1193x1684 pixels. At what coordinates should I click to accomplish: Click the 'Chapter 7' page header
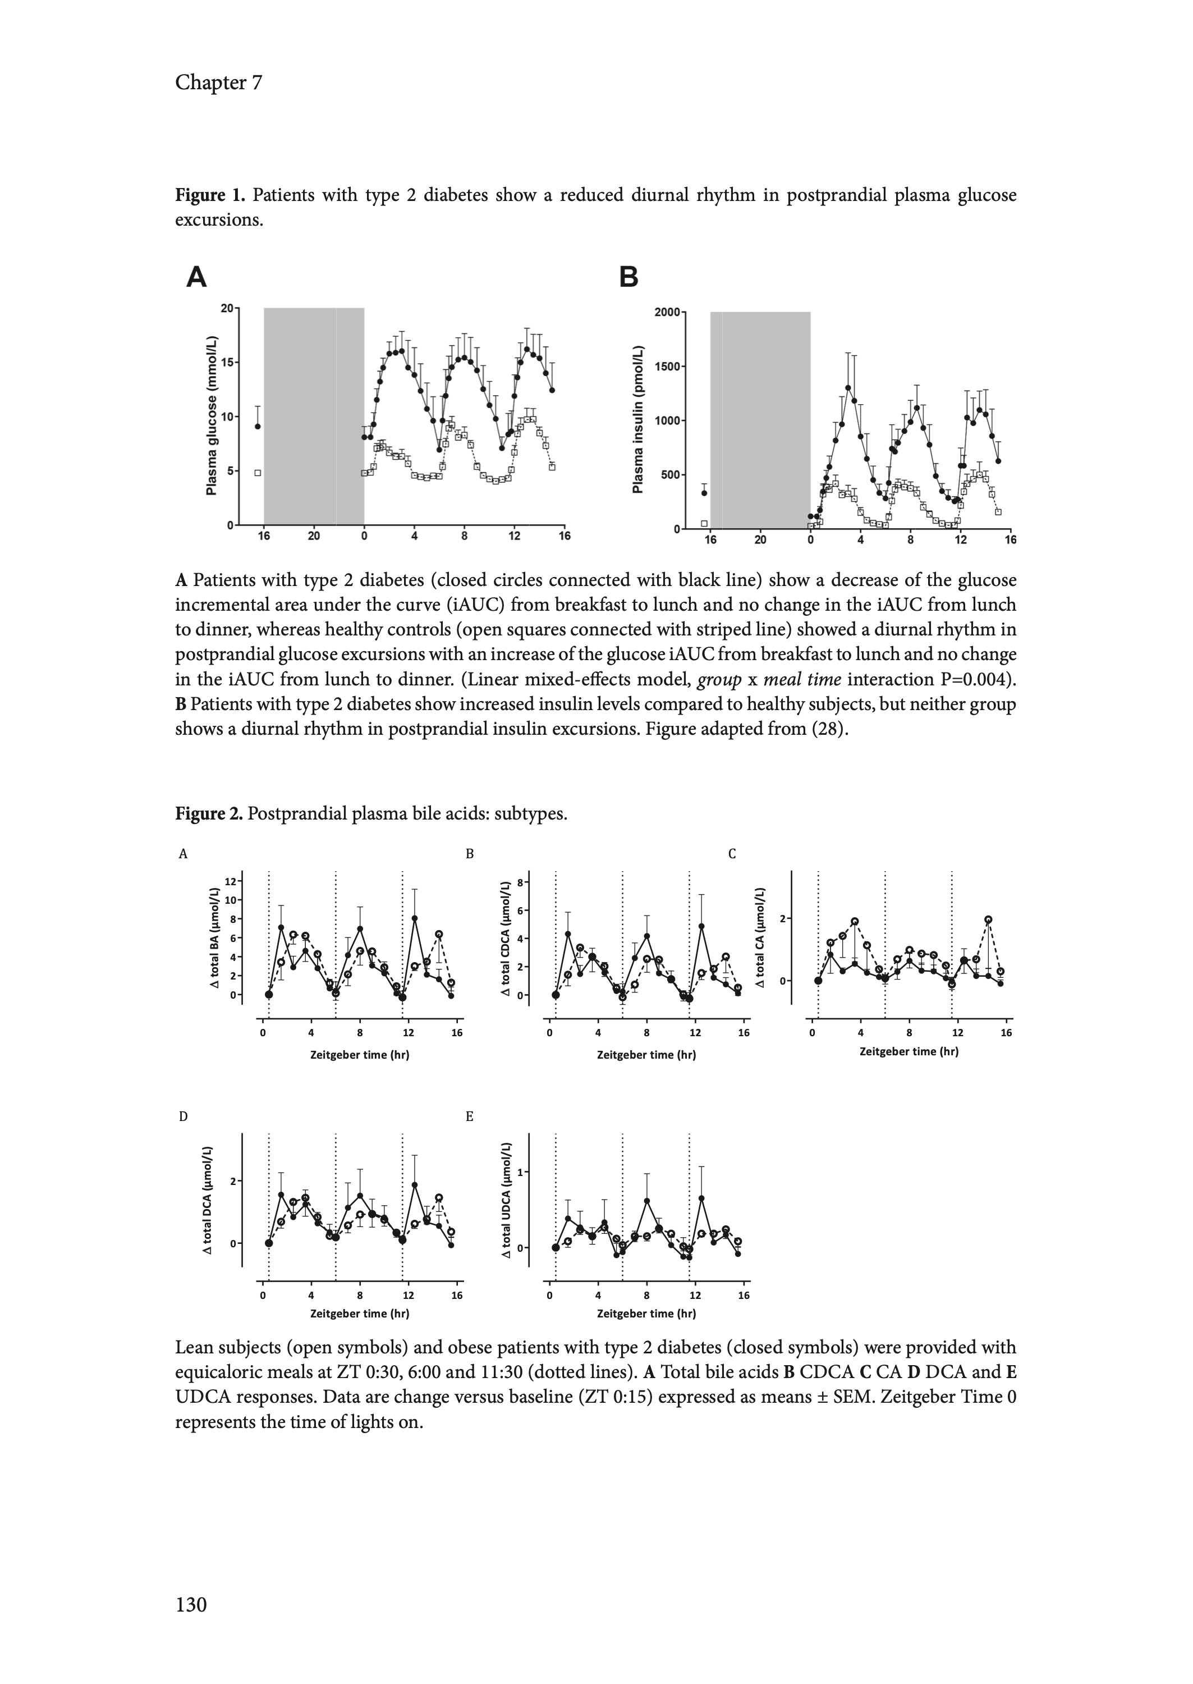[218, 83]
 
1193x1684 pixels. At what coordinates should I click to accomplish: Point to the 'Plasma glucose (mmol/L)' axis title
[212, 415]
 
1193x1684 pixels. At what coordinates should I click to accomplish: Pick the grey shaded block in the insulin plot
[760, 419]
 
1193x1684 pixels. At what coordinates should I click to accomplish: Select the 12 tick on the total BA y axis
[231, 881]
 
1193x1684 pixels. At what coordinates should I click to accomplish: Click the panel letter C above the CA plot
[732, 854]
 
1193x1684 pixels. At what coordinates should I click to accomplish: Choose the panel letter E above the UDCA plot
[470, 1117]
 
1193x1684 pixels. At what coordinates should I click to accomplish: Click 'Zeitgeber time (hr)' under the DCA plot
[360, 1313]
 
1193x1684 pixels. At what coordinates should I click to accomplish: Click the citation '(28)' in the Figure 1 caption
[827, 730]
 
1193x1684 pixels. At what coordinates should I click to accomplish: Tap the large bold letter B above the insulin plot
[629, 278]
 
